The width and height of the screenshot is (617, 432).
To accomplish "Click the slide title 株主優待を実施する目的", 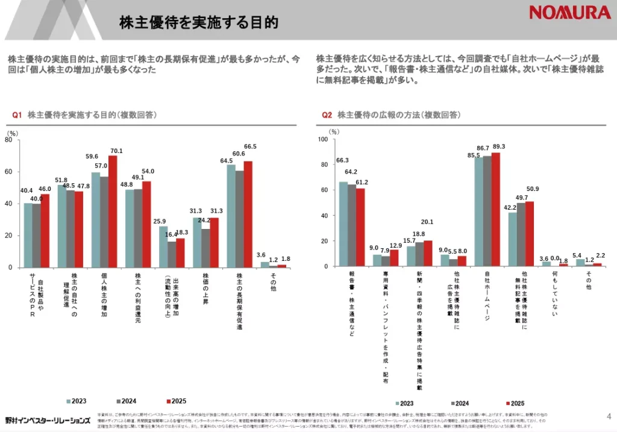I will (x=198, y=23).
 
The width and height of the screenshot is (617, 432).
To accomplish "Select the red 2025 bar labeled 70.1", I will (x=113, y=211).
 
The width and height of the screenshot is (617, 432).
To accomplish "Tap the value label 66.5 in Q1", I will (x=250, y=146).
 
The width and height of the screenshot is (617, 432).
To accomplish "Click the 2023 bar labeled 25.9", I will (x=163, y=246).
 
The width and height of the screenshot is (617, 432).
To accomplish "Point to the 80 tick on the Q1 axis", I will (x=8, y=140).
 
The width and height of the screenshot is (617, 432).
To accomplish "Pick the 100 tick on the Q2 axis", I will (x=322, y=139).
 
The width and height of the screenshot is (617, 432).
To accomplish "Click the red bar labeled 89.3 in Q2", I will (x=496, y=209).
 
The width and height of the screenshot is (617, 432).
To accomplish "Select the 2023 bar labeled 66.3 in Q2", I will (x=343, y=224).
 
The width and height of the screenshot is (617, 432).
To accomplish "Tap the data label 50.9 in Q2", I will (x=532, y=189).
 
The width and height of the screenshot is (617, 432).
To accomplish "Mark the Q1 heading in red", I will (x=17, y=114).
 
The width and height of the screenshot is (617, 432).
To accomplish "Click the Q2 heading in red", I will (x=327, y=114).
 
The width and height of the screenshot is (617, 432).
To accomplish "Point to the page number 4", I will (x=608, y=415).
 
